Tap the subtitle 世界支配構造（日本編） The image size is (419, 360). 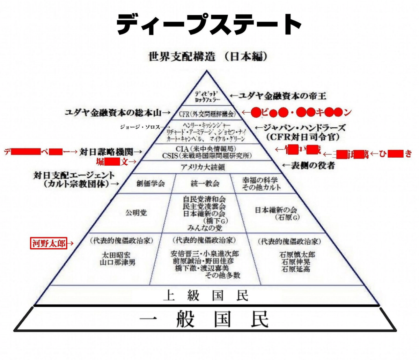pyautogui.click(x=208, y=56)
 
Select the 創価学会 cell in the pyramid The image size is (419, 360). pyautogui.click(x=150, y=183)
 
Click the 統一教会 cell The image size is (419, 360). pyautogui.click(x=205, y=183)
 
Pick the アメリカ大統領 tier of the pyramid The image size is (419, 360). pyautogui.click(x=207, y=167)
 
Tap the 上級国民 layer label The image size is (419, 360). pyautogui.click(x=206, y=296)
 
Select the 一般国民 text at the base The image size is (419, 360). pyautogui.click(x=204, y=320)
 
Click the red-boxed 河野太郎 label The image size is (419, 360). pyautogui.click(x=49, y=243)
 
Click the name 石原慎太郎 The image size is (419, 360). pyautogui.click(x=297, y=254)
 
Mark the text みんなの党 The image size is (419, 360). pyautogui.click(x=205, y=228)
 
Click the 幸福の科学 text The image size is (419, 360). pyautogui.click(x=260, y=180)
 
